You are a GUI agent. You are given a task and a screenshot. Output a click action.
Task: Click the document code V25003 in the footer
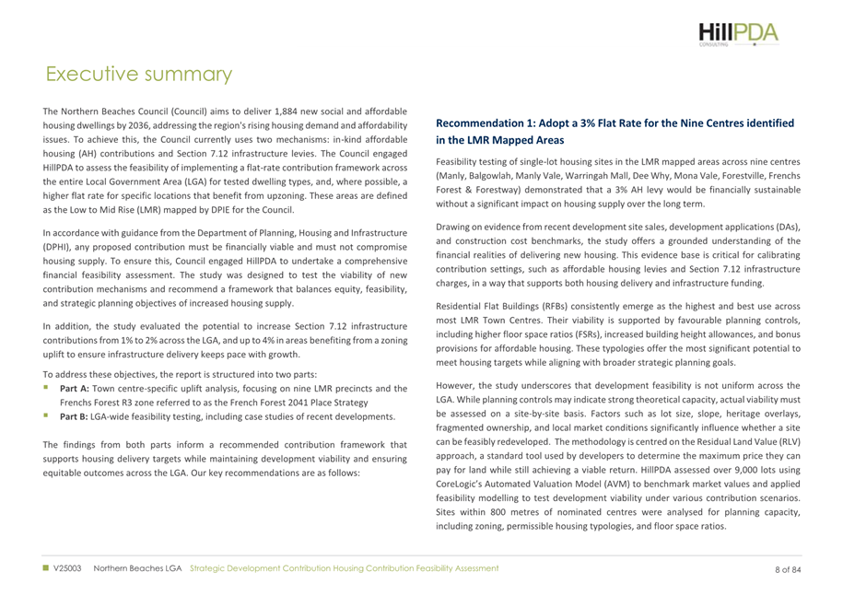(x=69, y=568)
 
